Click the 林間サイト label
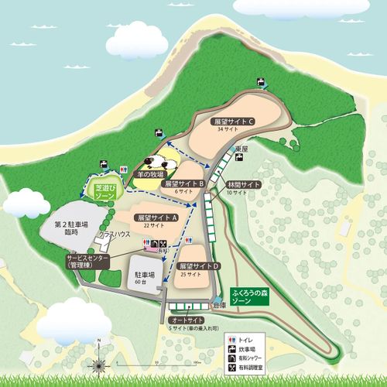(243, 184)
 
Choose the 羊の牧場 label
(146, 175)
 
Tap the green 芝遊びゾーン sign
(104, 192)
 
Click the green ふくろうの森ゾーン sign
(253, 297)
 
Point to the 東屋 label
(241, 149)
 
